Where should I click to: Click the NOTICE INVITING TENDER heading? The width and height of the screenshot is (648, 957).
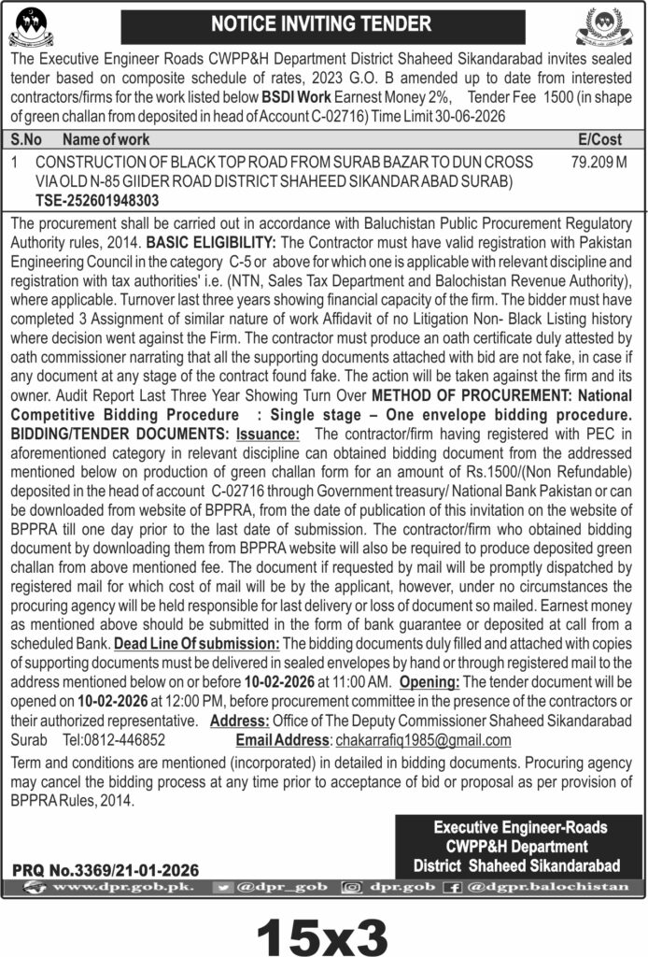[323, 23]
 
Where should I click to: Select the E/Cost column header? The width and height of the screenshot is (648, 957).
[599, 138]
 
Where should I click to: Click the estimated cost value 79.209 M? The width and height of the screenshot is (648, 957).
[598, 162]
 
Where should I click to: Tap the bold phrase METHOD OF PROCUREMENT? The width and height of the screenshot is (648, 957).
[466, 395]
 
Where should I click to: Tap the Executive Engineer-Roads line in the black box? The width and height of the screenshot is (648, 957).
[520, 827]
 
